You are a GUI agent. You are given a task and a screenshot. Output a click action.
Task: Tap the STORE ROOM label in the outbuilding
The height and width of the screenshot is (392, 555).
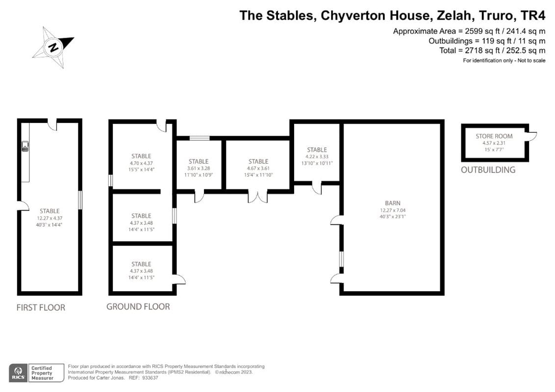coord(494,136)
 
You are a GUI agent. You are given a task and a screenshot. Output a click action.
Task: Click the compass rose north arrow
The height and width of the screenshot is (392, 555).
coord(53,47)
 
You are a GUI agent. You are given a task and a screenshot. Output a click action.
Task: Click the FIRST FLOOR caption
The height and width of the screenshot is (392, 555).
coord(41,308)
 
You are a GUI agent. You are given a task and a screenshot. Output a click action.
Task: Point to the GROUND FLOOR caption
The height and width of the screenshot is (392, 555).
coord(138,307)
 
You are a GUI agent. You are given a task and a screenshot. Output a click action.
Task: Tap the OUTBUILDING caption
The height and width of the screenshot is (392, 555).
coord(488,170)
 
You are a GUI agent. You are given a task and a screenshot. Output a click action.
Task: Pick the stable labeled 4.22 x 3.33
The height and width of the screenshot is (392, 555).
coord(317,156)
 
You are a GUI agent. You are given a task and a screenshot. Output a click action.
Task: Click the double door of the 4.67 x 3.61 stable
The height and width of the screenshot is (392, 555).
coord(257,196)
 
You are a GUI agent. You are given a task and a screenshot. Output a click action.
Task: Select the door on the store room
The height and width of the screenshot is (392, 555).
coord(530,136)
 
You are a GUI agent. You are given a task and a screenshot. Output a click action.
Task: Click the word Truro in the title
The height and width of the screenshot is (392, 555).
coord(490,16)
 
